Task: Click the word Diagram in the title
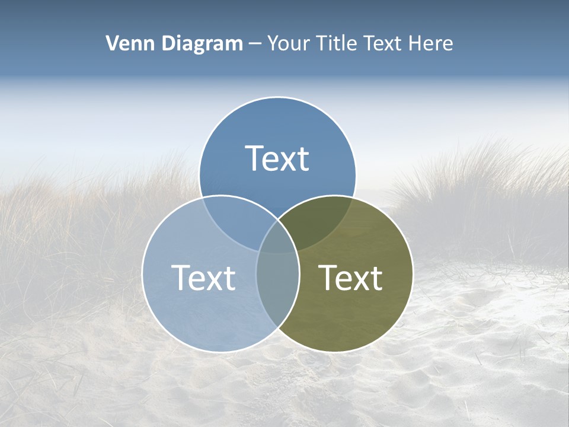tap(201, 43)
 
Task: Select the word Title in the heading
tap(337, 43)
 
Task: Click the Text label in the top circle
tap(277, 158)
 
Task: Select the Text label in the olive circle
tap(351, 278)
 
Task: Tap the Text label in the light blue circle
tap(203, 278)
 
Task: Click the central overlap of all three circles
tap(277, 237)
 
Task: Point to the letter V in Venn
tap(112, 43)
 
